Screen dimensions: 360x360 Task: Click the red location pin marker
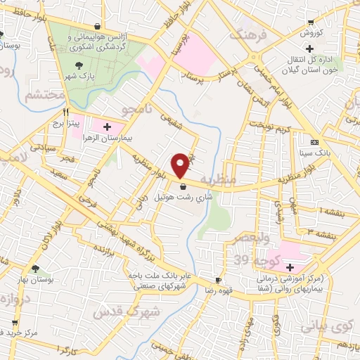coord(181,165)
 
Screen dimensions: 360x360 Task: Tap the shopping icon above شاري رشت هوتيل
coord(184,186)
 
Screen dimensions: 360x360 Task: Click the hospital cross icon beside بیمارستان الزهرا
coord(107,127)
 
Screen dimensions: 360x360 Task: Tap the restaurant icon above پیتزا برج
coord(66,111)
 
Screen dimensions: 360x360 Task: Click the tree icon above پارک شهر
coord(78,66)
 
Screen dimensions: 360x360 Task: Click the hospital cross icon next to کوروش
coord(311,49)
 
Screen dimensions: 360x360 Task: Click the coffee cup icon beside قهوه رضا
coord(219,279)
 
